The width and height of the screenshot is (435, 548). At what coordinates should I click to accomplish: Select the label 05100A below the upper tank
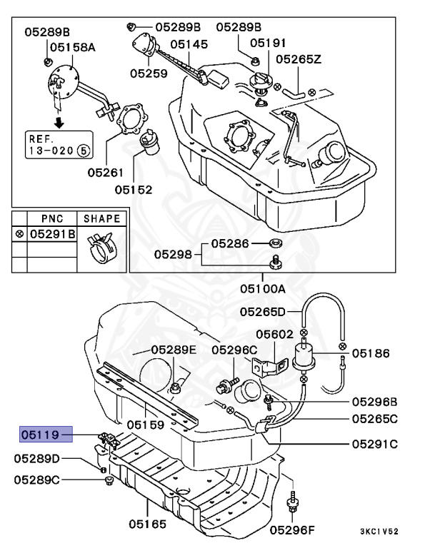click(x=262, y=290)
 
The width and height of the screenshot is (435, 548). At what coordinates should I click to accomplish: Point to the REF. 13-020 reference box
click(x=59, y=144)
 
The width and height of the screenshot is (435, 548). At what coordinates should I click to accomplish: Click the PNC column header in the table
click(x=52, y=219)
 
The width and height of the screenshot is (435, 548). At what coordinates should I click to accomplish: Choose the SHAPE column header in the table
click(x=102, y=219)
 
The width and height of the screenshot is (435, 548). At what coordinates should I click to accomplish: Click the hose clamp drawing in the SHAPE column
click(x=101, y=247)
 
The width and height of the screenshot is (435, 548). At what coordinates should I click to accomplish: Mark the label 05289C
click(x=36, y=479)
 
